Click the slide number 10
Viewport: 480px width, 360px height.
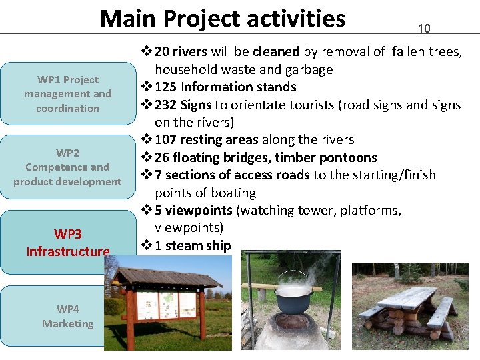424,29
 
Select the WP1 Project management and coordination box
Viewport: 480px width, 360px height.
67,94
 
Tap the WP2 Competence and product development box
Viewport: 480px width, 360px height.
67,167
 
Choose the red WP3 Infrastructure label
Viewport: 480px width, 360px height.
67,243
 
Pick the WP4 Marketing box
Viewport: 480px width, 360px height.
67,316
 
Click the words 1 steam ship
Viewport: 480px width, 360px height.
193,245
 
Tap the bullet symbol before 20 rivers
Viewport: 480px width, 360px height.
146,52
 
